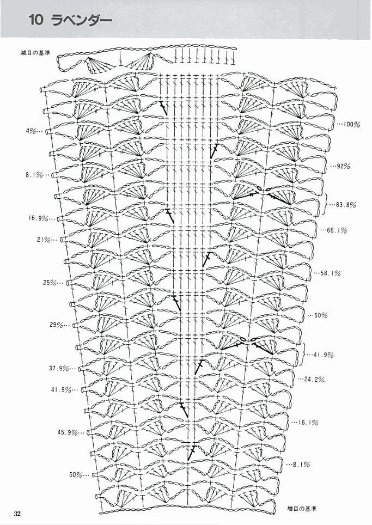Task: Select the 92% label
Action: click(343, 166)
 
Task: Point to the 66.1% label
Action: click(337, 230)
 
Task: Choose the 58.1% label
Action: click(331, 273)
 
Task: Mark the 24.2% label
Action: click(315, 380)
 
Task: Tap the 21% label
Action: click(44, 240)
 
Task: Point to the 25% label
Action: click(50, 283)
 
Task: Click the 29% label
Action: click(57, 325)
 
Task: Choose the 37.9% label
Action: click(59, 368)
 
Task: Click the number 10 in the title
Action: click(36, 20)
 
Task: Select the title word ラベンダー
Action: click(82, 20)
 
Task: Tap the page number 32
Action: click(17, 514)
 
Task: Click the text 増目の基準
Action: click(302, 509)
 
